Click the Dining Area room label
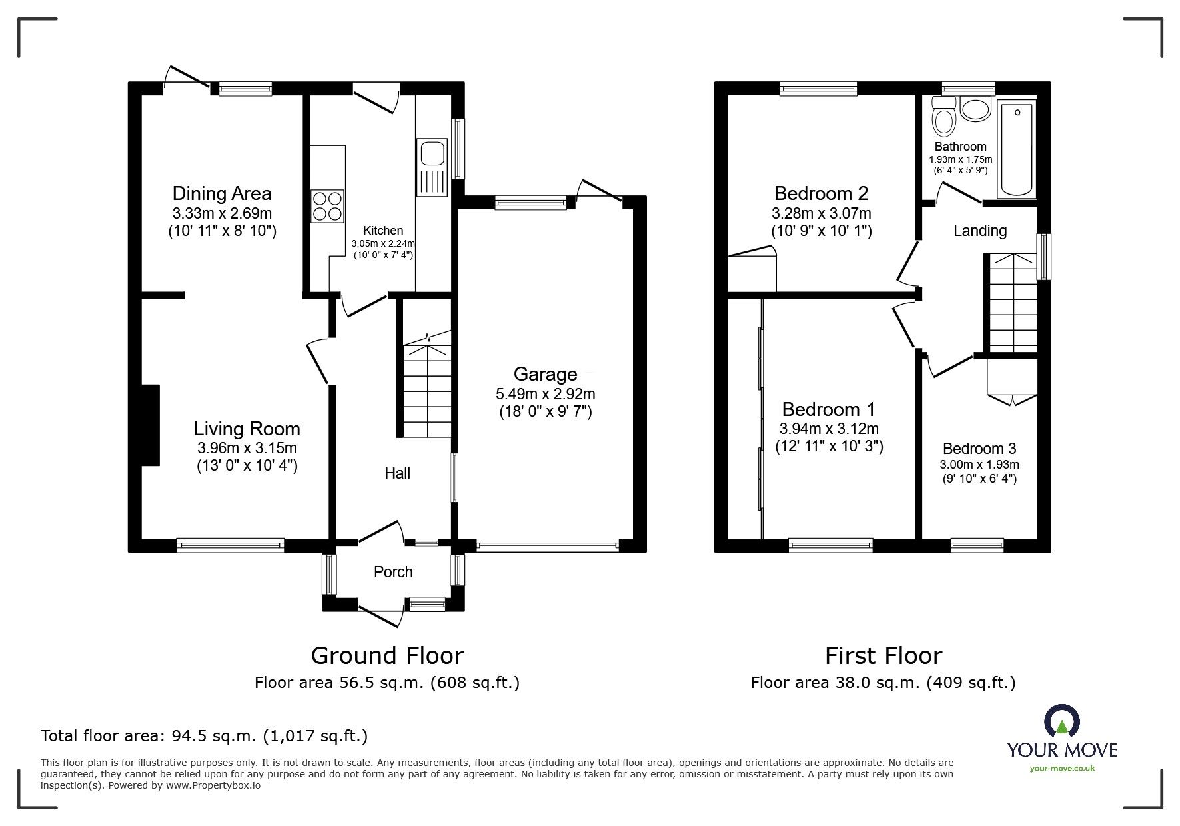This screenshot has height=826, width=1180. pos(222,193)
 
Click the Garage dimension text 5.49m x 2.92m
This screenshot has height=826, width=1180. pos(545,394)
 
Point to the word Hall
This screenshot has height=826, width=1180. pos(397,473)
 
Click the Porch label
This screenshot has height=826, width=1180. pos(393,572)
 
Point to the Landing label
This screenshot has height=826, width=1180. pos(979,231)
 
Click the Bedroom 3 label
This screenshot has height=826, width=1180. pos(979,449)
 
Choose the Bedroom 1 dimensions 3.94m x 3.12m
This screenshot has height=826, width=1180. pos(829,429)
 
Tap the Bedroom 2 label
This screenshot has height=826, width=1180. pos(821,193)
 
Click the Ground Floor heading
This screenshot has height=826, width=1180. pos(387,656)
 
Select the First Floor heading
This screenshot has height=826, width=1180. pos(883,656)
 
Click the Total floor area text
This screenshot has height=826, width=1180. pos(204,736)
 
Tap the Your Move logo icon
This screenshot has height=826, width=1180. pos(1061,721)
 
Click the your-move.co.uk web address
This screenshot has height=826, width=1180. pos(1062,769)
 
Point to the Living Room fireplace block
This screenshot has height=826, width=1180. pos(150,425)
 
